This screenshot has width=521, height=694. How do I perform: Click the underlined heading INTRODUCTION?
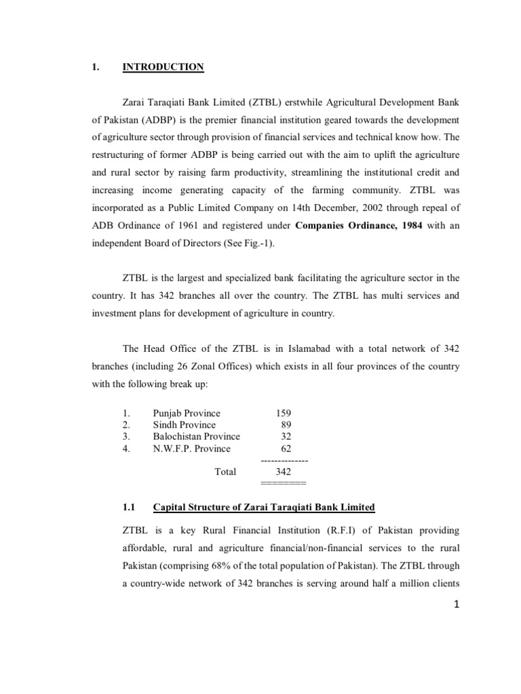[x=163, y=66]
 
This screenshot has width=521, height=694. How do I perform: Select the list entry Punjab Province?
[x=187, y=413]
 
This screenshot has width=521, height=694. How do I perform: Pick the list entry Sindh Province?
[x=184, y=425]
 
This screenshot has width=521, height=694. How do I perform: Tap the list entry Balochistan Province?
[x=196, y=436]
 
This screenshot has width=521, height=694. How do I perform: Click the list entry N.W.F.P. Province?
[x=191, y=449]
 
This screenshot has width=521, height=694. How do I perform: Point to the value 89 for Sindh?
[x=286, y=425]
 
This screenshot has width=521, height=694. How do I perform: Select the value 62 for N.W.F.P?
[x=286, y=449]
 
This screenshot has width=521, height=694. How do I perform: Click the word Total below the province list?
[x=225, y=472]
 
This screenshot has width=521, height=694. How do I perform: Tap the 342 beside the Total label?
[x=284, y=472]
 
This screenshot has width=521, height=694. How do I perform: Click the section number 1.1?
[x=130, y=507]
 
